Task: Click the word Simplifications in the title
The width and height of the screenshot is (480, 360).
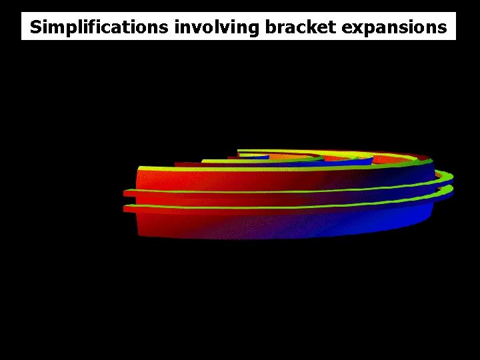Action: pyautogui.click(x=99, y=27)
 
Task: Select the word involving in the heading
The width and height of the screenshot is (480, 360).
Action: pyautogui.click(x=217, y=27)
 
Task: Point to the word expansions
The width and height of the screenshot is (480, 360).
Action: pyautogui.click(x=394, y=27)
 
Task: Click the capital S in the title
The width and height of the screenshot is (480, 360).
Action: pyautogui.click(x=36, y=27)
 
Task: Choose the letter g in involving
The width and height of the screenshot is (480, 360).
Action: pyautogui.click(x=253, y=29)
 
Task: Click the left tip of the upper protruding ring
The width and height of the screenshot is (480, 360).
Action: pyautogui.click(x=124, y=193)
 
